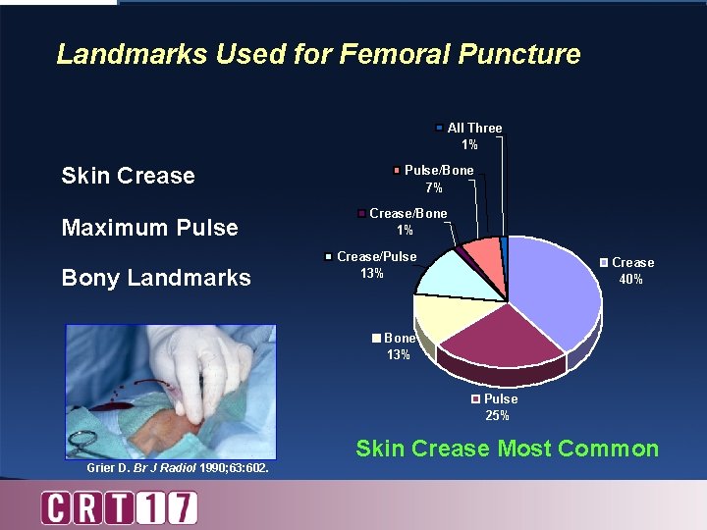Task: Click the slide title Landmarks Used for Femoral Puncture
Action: pos(318,53)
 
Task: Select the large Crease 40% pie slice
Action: pos(555,290)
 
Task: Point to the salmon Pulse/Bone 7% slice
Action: pos(480,253)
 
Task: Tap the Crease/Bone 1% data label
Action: pos(404,221)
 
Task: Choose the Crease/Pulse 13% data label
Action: pos(371,264)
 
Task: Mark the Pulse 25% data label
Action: pos(497,406)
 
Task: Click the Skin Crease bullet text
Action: pos(128,176)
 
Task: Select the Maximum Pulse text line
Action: pos(149,228)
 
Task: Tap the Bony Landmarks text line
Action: pos(155,278)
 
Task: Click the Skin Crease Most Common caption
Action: pos(507,449)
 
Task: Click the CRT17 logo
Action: pos(119,507)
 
